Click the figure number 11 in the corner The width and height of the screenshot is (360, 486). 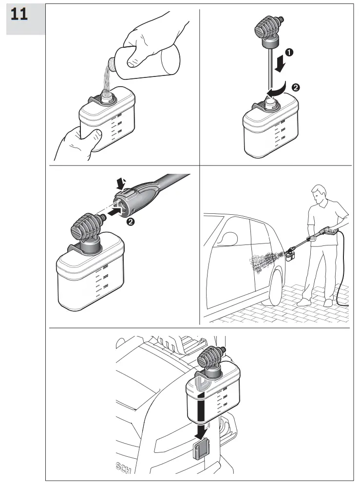(x=19, y=14)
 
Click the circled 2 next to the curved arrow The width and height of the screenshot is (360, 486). (x=295, y=88)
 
